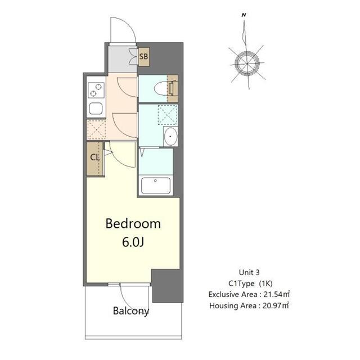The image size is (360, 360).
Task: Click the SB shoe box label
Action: (144, 56)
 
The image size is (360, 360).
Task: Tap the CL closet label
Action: (94, 157)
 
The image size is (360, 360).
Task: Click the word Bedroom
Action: (133, 223)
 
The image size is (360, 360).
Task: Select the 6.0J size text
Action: (133, 243)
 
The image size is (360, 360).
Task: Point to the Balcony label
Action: (130, 310)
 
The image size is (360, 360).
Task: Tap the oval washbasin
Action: (170, 136)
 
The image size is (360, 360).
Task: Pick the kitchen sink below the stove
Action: (96, 109)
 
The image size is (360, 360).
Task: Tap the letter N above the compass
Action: (243, 16)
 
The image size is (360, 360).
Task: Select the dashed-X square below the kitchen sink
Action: (96, 129)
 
